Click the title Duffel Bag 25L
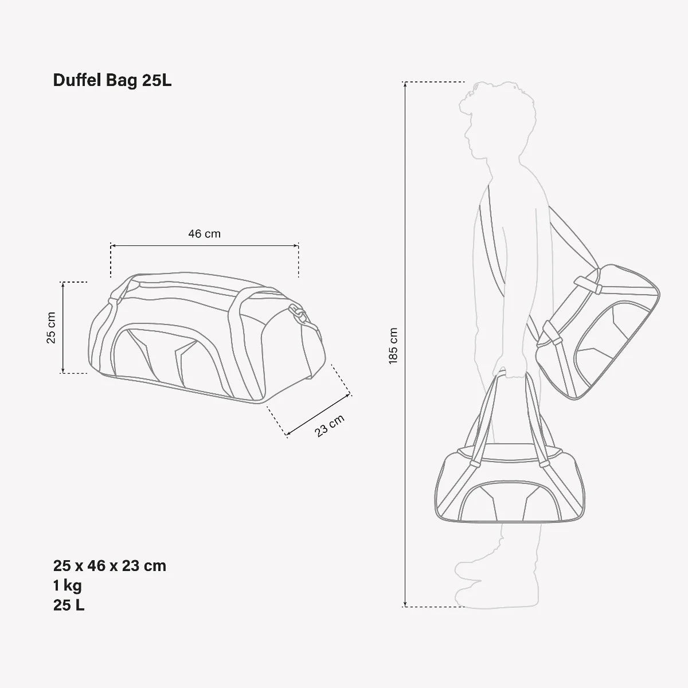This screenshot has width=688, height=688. (x=112, y=81)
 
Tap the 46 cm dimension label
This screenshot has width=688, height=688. (x=204, y=233)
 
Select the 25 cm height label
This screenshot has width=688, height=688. (x=51, y=328)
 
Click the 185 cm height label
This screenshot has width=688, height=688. (x=393, y=345)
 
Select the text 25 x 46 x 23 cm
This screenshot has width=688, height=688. (x=110, y=566)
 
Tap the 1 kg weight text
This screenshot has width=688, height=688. (x=68, y=585)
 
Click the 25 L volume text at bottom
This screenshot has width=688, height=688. (x=69, y=605)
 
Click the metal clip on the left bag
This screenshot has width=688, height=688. (x=299, y=313)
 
